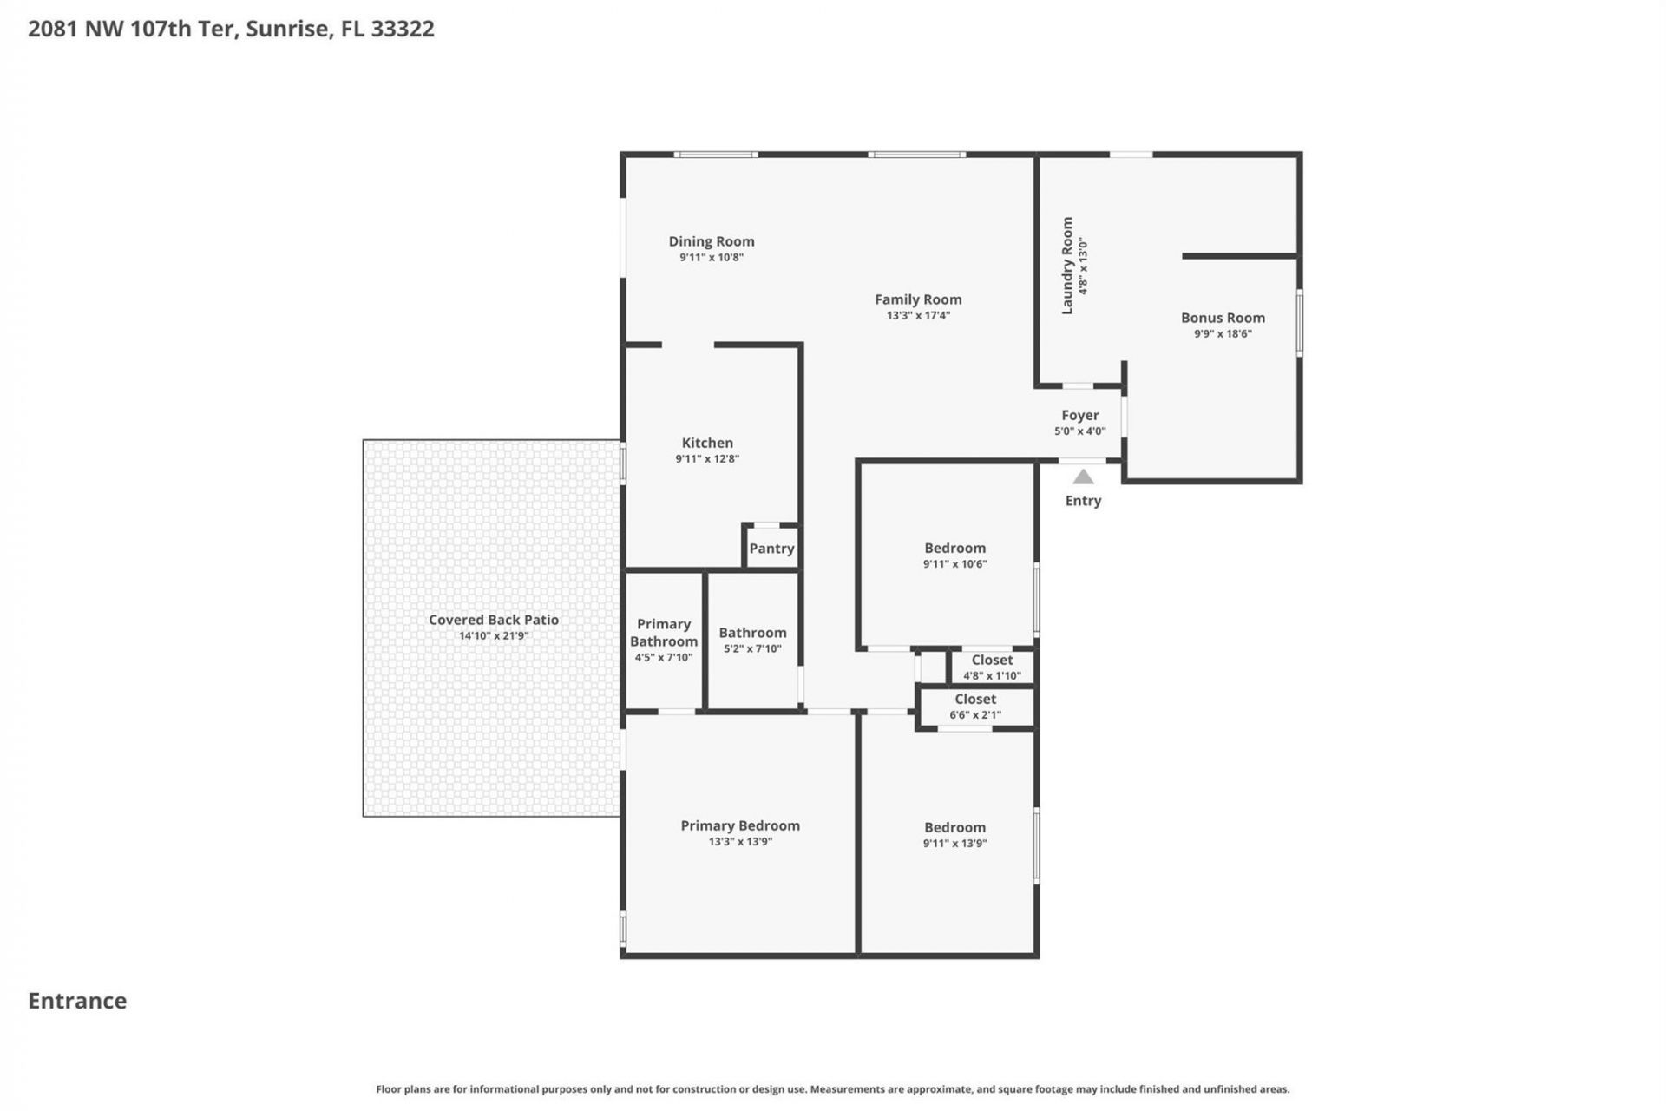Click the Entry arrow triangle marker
pos(1083,477)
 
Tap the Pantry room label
pos(771,549)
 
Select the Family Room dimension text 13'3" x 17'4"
pos(918,316)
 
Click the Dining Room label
pos(712,241)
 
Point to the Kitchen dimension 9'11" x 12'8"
pos(707,459)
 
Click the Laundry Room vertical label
pos(1067,266)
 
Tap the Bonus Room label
pos(1223,318)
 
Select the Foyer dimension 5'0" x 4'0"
pos(1079,431)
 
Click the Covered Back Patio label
pos(494,620)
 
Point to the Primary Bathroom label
pos(664,633)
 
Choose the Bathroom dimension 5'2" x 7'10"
pos(752,649)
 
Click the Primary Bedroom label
pos(740,825)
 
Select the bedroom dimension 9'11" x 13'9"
pos(954,844)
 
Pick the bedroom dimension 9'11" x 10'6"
pos(954,564)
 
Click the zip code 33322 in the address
pos(403,29)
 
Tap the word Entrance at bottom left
pos(77,1001)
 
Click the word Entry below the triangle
pos(1083,501)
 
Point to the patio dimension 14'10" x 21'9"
pos(494,636)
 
